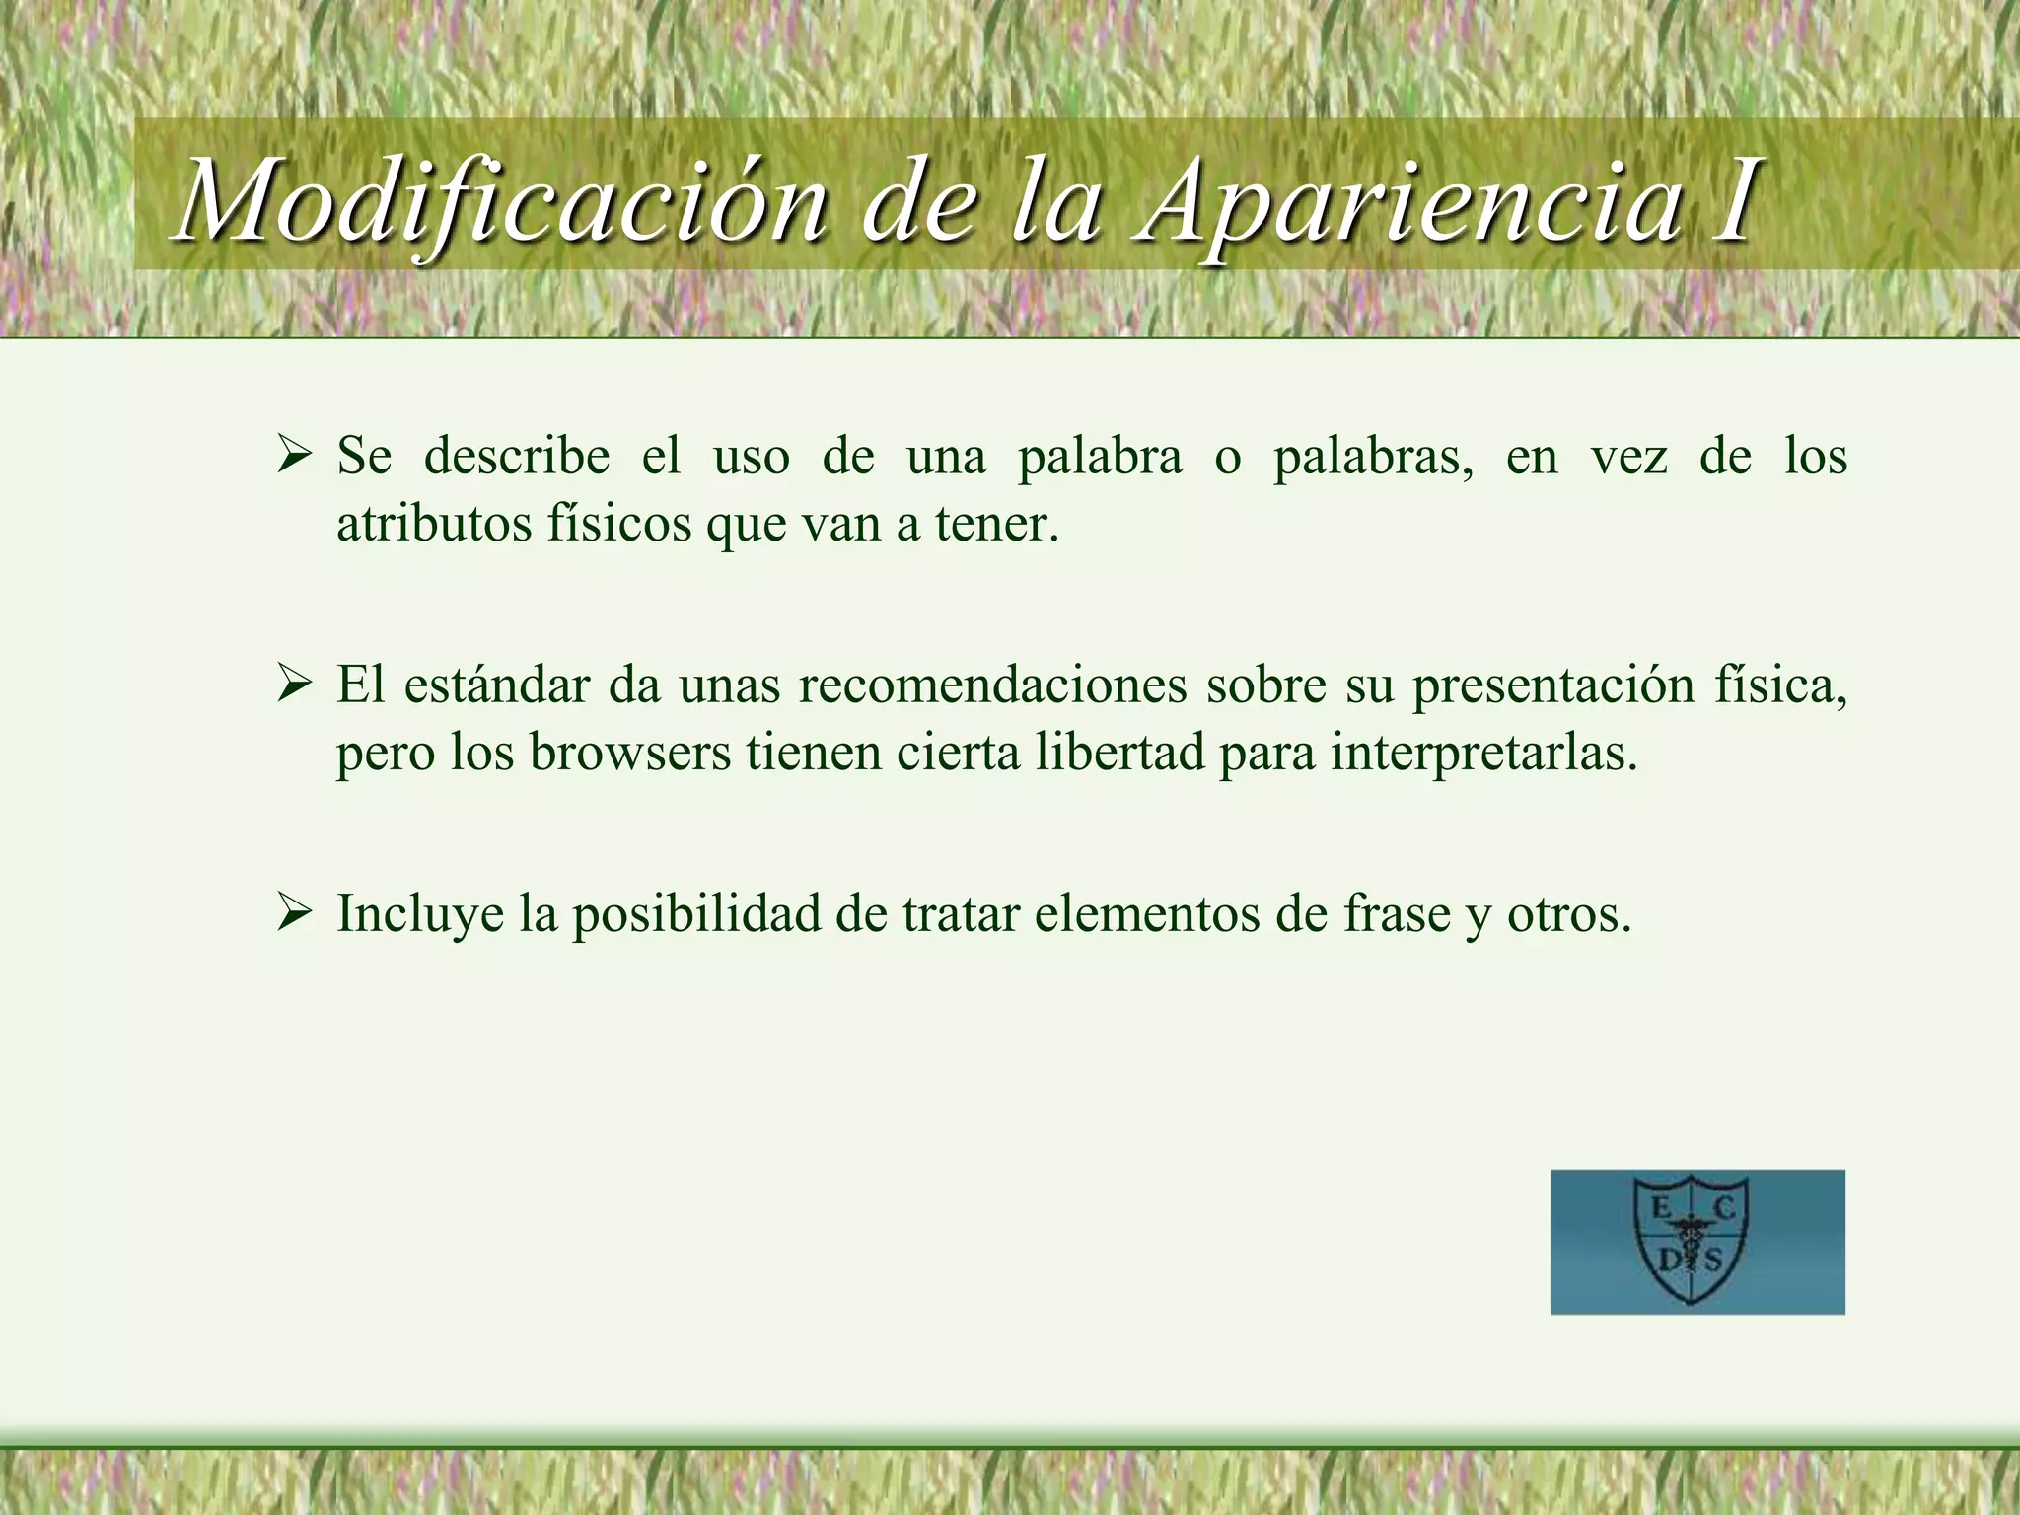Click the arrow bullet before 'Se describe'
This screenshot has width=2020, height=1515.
[294, 456]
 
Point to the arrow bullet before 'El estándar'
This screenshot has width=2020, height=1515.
[294, 685]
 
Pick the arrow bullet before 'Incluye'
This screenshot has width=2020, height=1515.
[294, 912]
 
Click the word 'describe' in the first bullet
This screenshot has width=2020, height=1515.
[517, 457]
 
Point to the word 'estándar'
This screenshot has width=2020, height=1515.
[496, 685]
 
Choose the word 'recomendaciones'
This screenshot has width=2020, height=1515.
[992, 685]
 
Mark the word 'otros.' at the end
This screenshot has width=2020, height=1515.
[1568, 914]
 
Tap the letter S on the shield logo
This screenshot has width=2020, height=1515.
[1713, 1260]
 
